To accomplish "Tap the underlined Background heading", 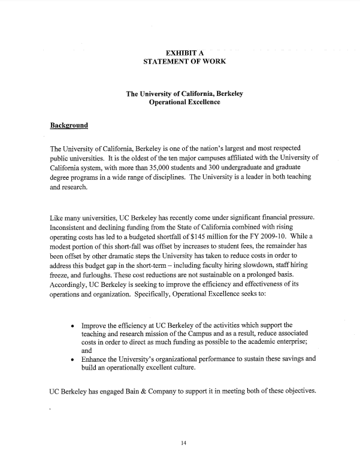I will pyautogui.click(x=69, y=126).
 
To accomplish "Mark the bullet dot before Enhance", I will pyautogui.click(x=72, y=359).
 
